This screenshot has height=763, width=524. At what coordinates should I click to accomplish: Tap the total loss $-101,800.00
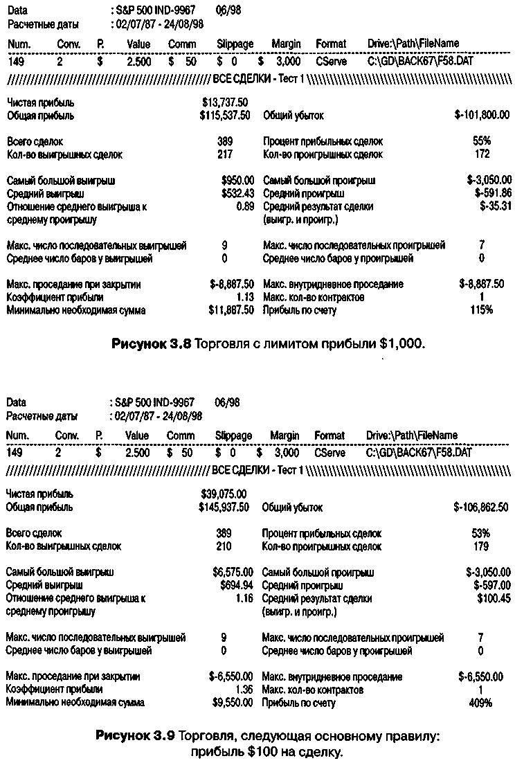click(482, 116)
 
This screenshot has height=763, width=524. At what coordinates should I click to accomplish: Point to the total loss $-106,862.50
click(481, 508)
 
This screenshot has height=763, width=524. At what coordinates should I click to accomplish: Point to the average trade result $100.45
click(494, 598)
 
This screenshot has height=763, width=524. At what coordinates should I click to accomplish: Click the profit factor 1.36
click(244, 690)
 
